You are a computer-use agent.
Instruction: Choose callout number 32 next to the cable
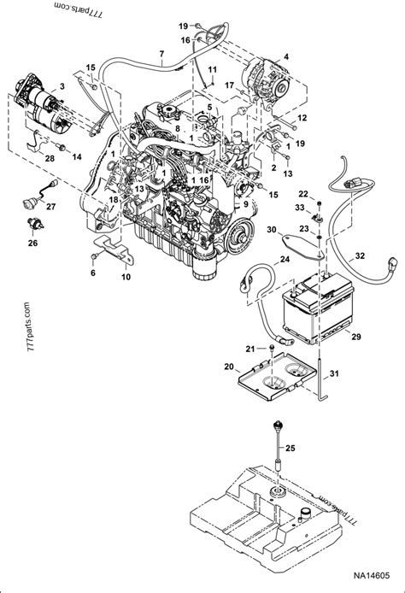[x=359, y=255]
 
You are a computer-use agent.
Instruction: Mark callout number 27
[x=51, y=207]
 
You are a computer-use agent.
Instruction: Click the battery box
[x=315, y=310]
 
